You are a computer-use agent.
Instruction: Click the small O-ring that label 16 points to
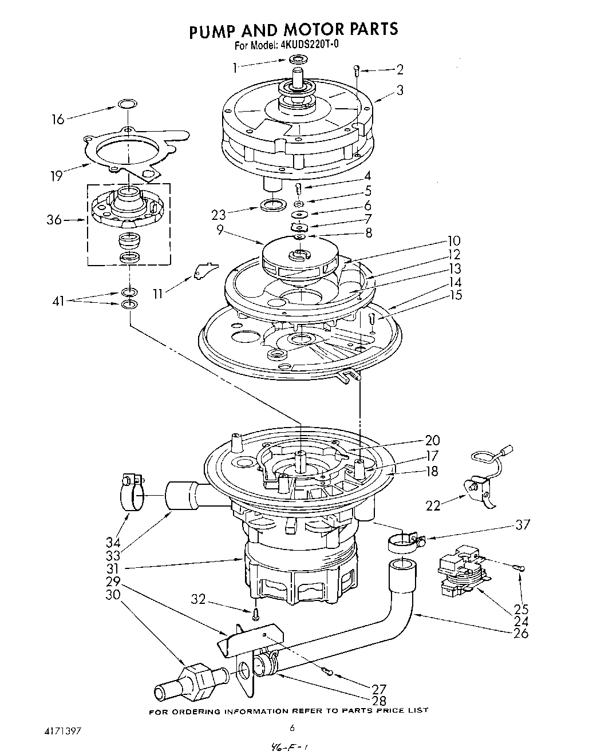coord(128,104)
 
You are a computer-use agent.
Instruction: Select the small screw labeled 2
coord(356,71)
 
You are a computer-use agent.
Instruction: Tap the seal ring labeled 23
coord(274,204)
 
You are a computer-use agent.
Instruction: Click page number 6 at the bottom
coord(292,728)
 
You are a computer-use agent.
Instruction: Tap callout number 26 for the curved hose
coord(521,633)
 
